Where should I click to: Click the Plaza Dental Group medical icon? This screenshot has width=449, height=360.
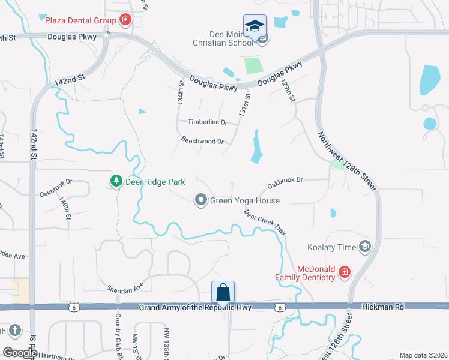125,20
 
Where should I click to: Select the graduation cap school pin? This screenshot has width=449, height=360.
255,26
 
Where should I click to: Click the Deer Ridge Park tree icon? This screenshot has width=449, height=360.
115,181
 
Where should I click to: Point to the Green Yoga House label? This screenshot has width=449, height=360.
244,200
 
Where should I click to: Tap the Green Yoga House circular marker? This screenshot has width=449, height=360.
201,200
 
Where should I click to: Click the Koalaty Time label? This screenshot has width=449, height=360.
332,247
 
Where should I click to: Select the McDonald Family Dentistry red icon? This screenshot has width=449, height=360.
345,272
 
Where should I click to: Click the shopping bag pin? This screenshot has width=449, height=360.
223,293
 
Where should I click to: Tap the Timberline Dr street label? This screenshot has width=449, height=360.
208,122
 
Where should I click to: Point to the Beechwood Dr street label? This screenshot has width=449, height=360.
202,142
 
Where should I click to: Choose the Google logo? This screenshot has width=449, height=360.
20,353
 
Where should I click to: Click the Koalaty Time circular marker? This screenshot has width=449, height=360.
364,247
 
